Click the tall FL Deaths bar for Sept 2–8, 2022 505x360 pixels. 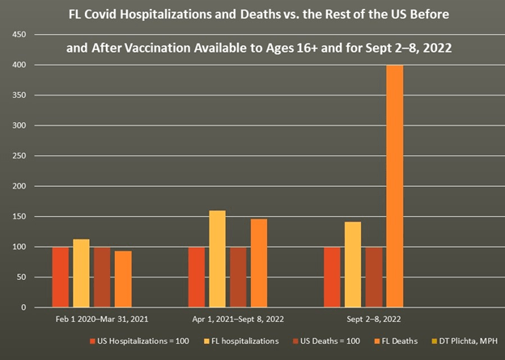pyautogui.click(x=394, y=186)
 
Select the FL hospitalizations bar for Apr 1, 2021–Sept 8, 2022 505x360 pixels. pyautogui.click(x=218, y=259)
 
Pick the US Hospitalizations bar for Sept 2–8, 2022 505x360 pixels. pyautogui.click(x=332, y=277)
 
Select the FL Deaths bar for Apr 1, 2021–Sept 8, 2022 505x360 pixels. pyautogui.click(x=259, y=263)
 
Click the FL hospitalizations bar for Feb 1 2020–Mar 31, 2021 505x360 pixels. pyautogui.click(x=81, y=273)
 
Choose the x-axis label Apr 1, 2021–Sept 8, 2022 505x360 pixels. pyautogui.click(x=239, y=320)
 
